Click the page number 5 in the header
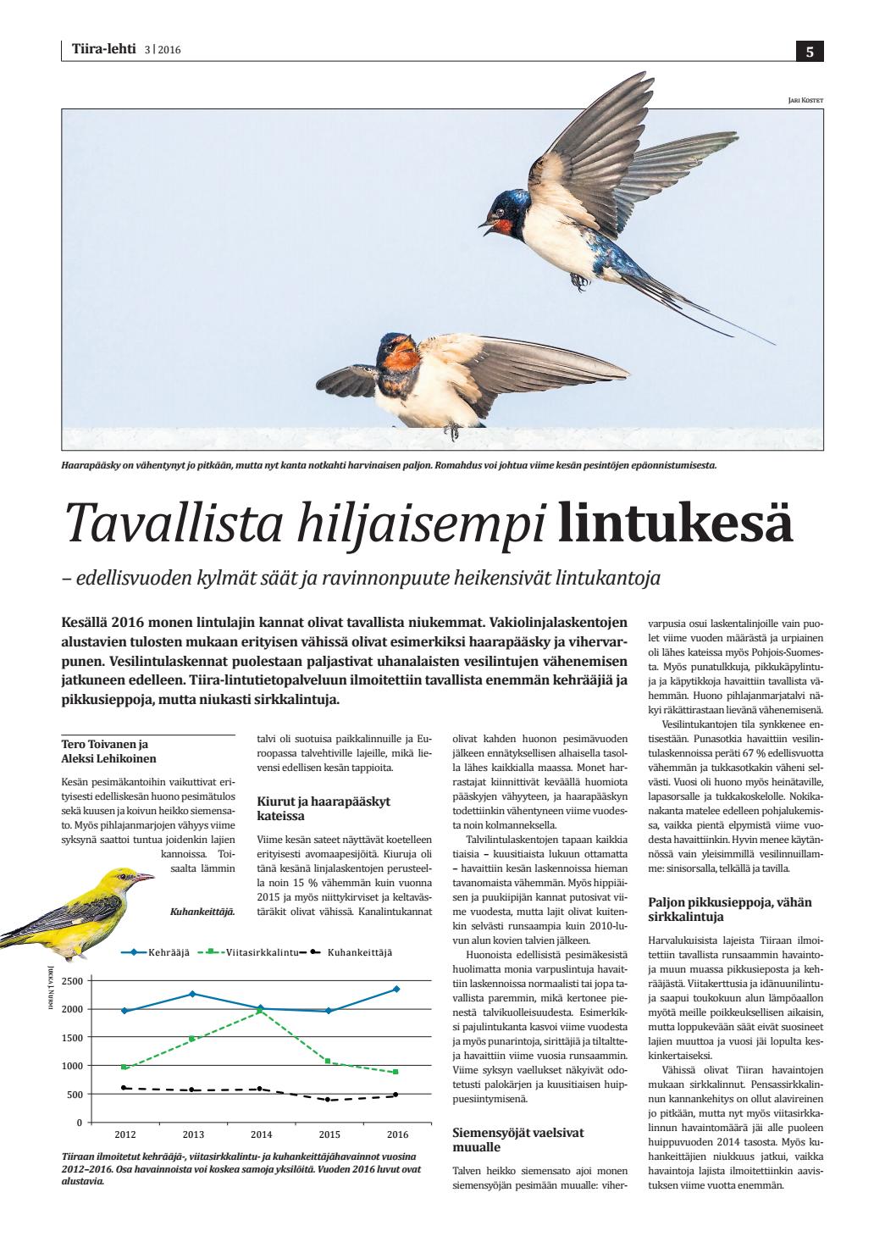tap(810, 52)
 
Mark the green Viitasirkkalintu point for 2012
tap(124, 1068)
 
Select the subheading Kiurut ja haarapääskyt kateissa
tap(323, 807)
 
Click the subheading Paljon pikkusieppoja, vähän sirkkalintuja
tap(729, 909)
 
